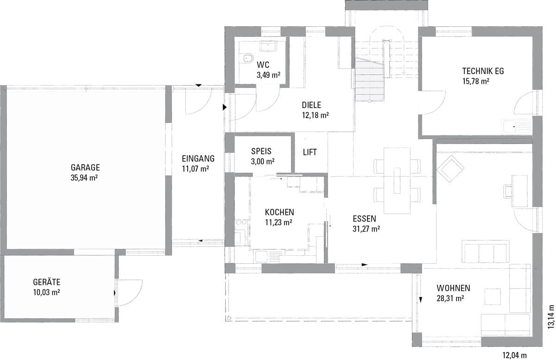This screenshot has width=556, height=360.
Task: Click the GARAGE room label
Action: click(85, 168)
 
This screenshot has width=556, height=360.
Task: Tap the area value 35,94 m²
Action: click(84, 178)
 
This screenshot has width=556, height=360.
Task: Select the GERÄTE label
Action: click(47, 282)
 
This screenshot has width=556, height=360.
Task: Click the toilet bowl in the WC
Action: click(248, 58)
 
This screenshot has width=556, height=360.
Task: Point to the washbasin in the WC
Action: click(268, 46)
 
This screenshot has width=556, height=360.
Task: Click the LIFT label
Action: click(310, 152)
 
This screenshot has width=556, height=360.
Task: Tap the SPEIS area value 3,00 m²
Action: click(263, 162)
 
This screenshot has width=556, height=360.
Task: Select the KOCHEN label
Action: click(279, 212)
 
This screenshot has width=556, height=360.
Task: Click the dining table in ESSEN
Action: click(397, 181)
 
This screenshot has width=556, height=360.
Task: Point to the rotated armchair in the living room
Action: click(450, 169)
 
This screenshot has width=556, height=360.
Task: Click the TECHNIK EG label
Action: click(483, 71)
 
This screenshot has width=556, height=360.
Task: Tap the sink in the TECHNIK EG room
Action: click(517, 126)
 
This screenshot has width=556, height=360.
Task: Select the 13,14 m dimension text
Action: click(550, 317)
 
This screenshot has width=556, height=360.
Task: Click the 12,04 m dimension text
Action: click(515, 355)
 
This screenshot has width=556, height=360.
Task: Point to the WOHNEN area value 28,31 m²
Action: click(450, 298)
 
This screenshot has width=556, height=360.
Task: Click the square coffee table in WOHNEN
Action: click(493, 297)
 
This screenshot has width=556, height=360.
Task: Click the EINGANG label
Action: click(198, 158)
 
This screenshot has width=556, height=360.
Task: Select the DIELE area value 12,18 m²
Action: click(316, 115)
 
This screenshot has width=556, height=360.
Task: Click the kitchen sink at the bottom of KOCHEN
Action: click(260, 257)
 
